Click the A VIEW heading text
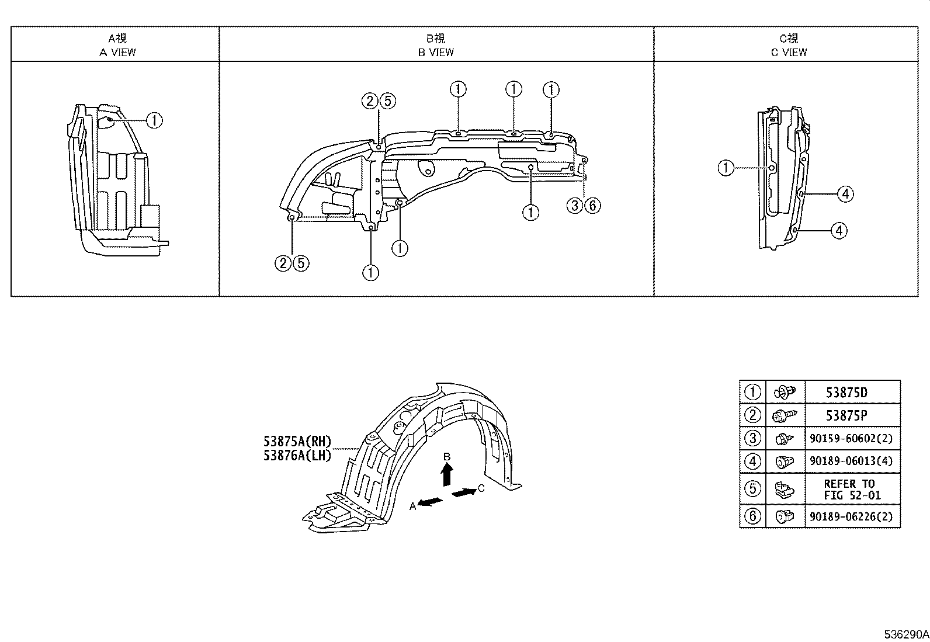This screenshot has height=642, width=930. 117,52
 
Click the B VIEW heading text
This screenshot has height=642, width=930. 436,52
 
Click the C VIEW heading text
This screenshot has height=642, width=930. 789,52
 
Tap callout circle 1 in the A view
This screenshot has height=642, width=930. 154,120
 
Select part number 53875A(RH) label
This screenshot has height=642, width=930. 297,442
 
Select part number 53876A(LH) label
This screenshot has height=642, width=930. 297,455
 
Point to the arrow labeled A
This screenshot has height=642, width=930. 429,502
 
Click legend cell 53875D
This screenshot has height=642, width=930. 846,393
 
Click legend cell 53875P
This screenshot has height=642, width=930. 846,415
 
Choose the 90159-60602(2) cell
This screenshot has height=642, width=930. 852,438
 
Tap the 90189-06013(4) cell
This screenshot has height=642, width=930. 852,461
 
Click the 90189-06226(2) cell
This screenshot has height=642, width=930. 852,516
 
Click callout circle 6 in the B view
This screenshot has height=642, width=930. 592,205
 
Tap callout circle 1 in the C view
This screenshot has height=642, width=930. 726,168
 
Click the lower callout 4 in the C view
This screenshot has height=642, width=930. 839,231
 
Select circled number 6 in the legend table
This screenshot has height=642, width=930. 753,516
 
